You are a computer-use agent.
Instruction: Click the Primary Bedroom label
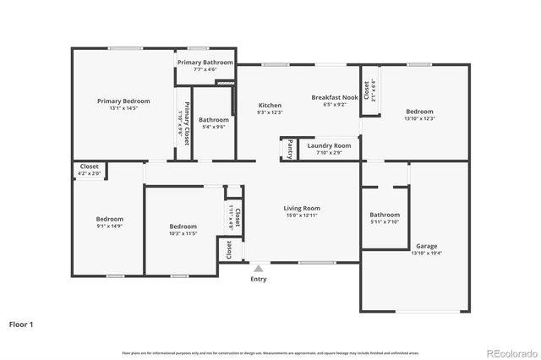[x=123, y=101]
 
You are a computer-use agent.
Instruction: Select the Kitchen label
[x=270, y=105]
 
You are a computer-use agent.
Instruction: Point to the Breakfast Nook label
[x=330, y=97]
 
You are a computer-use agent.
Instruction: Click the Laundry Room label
[x=329, y=145]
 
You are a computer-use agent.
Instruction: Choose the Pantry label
[x=290, y=149]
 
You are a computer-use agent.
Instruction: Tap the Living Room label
[x=301, y=208]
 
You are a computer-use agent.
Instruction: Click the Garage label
[x=426, y=246]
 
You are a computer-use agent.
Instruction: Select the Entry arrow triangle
[x=259, y=269]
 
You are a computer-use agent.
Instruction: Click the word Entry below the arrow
[x=259, y=280]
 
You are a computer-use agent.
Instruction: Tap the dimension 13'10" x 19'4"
[x=426, y=254]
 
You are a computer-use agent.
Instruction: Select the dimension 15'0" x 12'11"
[x=301, y=215]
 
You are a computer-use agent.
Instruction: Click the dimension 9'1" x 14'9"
[x=109, y=226]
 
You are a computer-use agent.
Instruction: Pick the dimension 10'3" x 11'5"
[x=183, y=233]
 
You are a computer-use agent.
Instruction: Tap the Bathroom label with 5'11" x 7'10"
[x=385, y=215]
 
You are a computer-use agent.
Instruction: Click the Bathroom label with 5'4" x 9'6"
[x=214, y=120]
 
